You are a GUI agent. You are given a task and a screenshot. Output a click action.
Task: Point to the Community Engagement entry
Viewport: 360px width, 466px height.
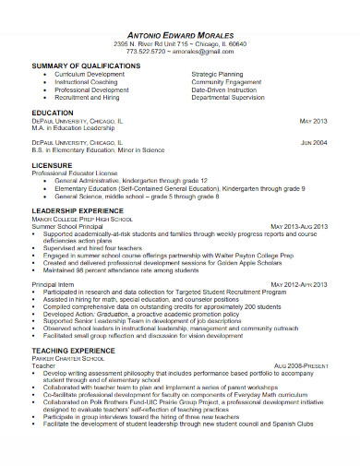pyautogui.click(x=227, y=81)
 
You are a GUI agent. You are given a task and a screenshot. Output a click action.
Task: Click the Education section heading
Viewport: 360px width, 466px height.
pyautogui.click(x=53, y=112)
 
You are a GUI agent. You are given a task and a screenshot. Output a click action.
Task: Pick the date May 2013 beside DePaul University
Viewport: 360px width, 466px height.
pyautogui.click(x=314, y=121)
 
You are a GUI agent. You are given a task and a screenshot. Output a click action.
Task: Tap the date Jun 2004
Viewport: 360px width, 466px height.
pyautogui.click(x=314, y=143)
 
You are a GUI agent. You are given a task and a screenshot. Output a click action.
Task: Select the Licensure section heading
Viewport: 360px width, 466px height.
pyautogui.click(x=54, y=165)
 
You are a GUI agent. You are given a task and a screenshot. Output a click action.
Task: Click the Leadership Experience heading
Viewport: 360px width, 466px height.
pyautogui.click(x=78, y=211)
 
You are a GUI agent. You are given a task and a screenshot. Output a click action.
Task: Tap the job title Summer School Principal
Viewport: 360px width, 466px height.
pyautogui.click(x=74, y=226)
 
